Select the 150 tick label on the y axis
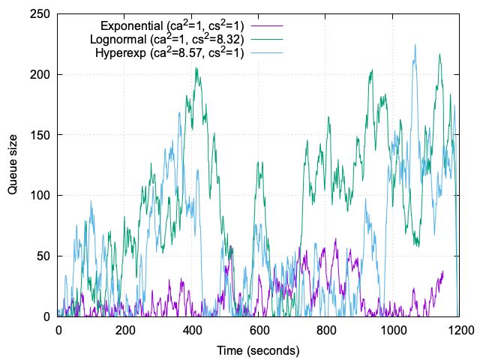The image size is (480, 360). pyautogui.click(x=41, y=135)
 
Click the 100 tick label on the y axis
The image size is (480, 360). pyautogui.click(x=41, y=196)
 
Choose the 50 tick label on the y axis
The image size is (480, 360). pyautogui.click(x=44, y=256)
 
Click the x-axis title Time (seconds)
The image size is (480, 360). pyautogui.click(x=258, y=350)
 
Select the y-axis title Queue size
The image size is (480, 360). pyautogui.click(x=13, y=165)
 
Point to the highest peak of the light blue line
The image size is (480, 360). pyautogui.click(x=415, y=44)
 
